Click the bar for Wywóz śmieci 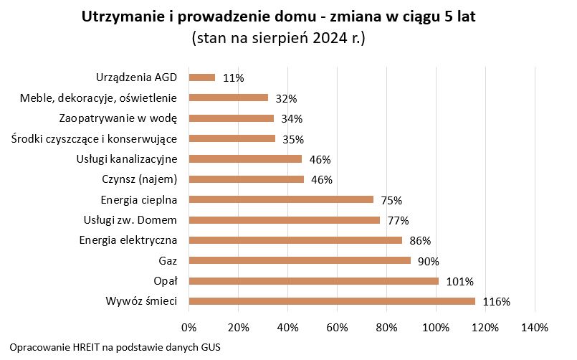pyautogui.click(x=331, y=301)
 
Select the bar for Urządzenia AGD pyautogui.click(x=201, y=77)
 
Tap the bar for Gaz pyautogui.click(x=299, y=260)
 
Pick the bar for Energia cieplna pyautogui.click(x=280, y=199)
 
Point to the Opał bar pyautogui.click(x=313, y=281)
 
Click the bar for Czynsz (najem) pyautogui.click(x=246, y=179)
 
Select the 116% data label pyautogui.click(x=496, y=302)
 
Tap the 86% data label pyautogui.click(x=420, y=240)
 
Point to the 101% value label pyautogui.click(x=459, y=282)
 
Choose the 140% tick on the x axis pyautogui.click(x=535, y=327)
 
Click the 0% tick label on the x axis pyautogui.click(x=189, y=327)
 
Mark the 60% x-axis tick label pyautogui.click(x=337, y=327)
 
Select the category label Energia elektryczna pyautogui.click(x=128, y=240)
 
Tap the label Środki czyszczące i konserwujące pyautogui.click(x=94, y=138)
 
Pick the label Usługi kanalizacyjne pyautogui.click(x=126, y=158)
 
